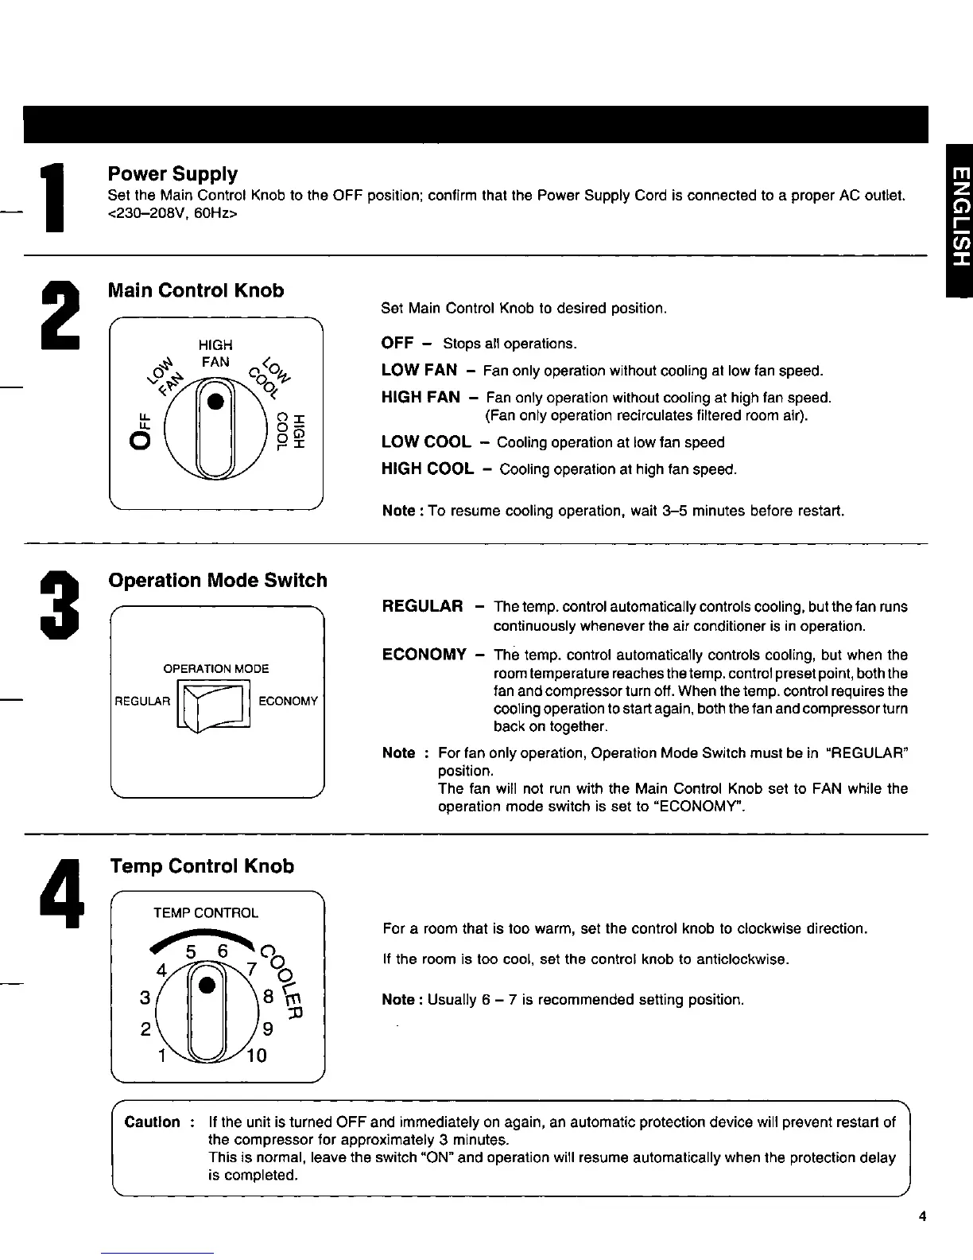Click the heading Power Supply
click(x=173, y=173)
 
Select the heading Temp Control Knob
click(x=202, y=866)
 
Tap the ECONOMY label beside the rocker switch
click(x=289, y=701)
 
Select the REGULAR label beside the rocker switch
click(x=143, y=701)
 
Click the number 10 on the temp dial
click(x=256, y=1056)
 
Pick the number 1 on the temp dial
click(x=161, y=1056)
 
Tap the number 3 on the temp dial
click(x=145, y=997)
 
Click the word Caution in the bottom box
click(x=153, y=1122)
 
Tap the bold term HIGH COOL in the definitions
click(x=428, y=469)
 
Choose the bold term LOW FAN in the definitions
click(x=419, y=370)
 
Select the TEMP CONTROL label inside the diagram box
click(x=206, y=913)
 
